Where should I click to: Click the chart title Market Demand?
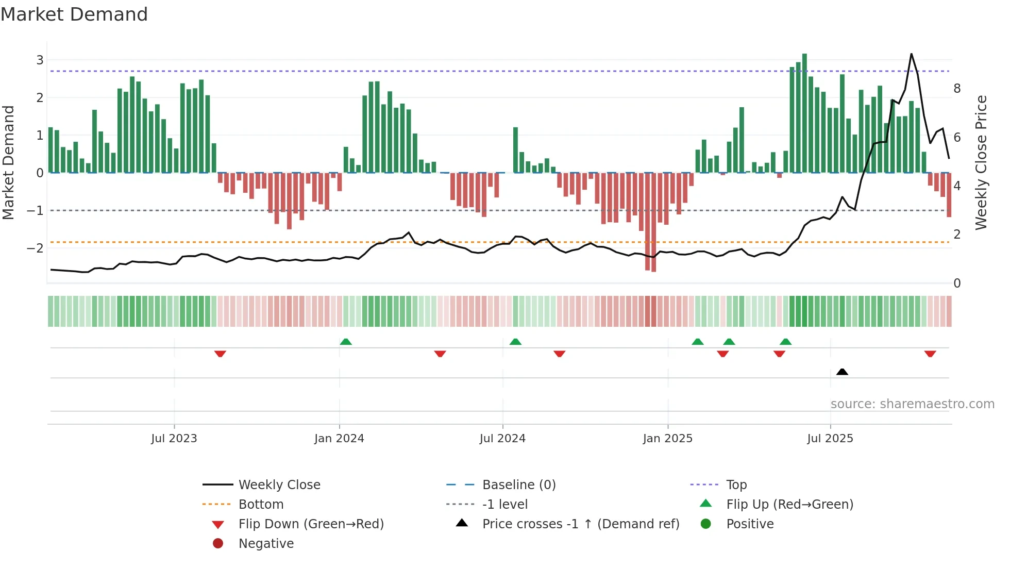[74, 14]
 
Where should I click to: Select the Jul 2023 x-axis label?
[174, 439]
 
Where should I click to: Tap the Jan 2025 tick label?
[667, 439]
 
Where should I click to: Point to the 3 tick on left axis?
[40, 60]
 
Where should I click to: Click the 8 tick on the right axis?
[957, 89]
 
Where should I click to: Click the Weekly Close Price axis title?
[981, 162]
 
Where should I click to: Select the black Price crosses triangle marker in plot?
[842, 372]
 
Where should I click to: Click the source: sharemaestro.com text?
[912, 404]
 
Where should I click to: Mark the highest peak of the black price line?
[911, 54]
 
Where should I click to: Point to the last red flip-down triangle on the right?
[930, 354]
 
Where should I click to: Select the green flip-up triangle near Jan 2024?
[346, 342]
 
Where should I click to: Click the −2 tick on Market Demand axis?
[35, 248]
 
